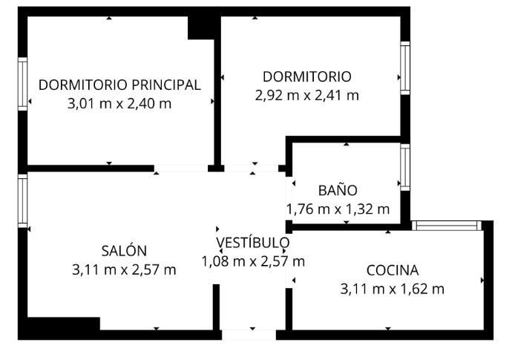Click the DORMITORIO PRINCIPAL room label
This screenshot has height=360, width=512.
(x=119, y=85)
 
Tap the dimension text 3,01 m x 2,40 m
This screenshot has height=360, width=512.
(x=119, y=104)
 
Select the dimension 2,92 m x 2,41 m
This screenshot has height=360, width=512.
(x=307, y=96)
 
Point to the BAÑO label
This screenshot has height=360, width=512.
(x=338, y=190)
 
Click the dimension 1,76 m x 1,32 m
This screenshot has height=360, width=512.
(x=338, y=209)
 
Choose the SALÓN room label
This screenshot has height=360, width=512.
(x=124, y=251)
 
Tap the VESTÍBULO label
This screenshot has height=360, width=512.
(x=253, y=243)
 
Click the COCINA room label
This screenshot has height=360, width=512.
(x=393, y=270)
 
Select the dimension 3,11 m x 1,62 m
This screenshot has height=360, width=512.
(x=393, y=289)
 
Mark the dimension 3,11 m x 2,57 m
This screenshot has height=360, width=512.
(x=124, y=270)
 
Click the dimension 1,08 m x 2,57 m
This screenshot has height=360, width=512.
(x=253, y=261)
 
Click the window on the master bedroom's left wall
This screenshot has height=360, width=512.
(x=22, y=84)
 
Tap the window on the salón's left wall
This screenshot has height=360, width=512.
(x=22, y=201)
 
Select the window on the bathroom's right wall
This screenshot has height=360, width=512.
(x=405, y=167)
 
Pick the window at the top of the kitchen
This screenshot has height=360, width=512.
(x=447, y=226)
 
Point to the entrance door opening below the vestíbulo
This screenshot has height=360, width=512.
(x=249, y=336)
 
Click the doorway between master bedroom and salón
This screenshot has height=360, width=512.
(x=181, y=168)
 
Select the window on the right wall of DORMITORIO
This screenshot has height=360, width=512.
(x=405, y=68)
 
